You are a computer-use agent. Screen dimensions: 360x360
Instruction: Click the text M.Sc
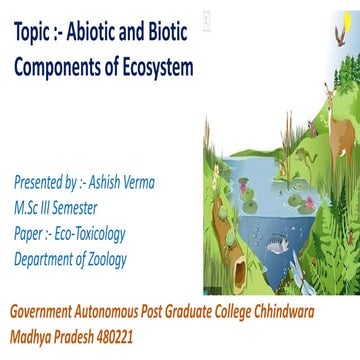click(28, 209)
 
